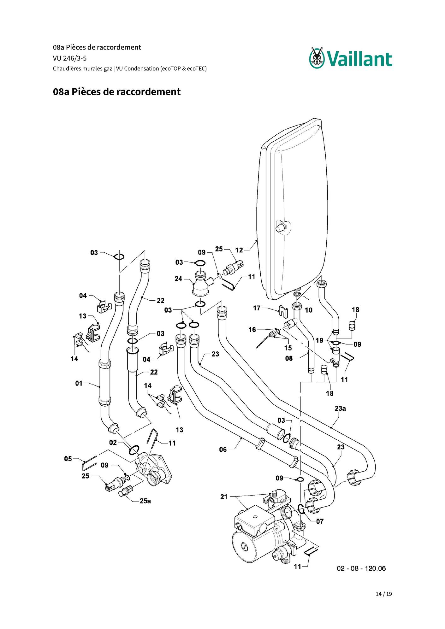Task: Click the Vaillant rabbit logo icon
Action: [x=317, y=57]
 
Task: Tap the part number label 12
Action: [x=239, y=250]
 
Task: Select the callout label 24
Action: [x=178, y=279]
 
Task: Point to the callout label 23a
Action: [x=340, y=409]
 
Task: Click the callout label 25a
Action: [x=145, y=501]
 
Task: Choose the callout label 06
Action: [x=223, y=450]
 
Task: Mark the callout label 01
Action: [x=79, y=383]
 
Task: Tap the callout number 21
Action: [x=224, y=497]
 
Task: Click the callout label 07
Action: [x=320, y=521]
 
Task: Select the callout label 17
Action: [x=257, y=308]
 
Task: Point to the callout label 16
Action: [x=252, y=330]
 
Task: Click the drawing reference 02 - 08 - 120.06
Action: [x=361, y=568]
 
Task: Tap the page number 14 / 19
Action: [x=384, y=594]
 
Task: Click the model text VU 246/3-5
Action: [x=70, y=58]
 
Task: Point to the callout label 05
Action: [x=68, y=459]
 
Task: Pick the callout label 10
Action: [x=308, y=310]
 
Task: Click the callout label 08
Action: [x=289, y=358]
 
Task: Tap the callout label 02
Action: [x=113, y=443]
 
